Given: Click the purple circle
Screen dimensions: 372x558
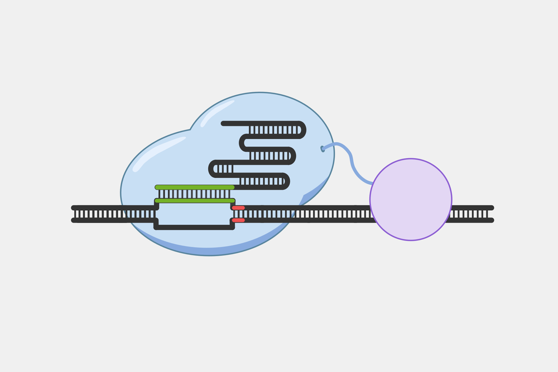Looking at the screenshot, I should coord(411,200).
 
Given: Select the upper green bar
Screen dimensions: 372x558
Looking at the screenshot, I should coord(195,187).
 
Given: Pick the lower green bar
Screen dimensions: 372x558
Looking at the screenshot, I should coord(195,200).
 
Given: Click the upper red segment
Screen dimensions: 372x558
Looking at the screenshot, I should coord(238,208).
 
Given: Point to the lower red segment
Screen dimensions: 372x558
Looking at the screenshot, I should coord(238,220).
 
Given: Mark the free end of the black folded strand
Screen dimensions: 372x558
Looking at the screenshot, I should coord(223,123).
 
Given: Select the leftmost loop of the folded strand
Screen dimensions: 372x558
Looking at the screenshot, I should coord(212,168).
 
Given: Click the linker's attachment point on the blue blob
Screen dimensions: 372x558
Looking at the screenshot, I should coord(323,148).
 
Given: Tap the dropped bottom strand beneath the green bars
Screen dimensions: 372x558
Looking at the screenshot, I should coord(194,227).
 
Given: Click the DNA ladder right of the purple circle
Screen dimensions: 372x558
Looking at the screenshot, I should coord(472,214).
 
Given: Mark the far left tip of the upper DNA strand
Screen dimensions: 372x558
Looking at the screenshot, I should coord(74,207).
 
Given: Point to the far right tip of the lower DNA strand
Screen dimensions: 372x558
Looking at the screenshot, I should coord(492,220).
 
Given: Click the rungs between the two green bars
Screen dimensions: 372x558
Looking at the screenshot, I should coord(195,194).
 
